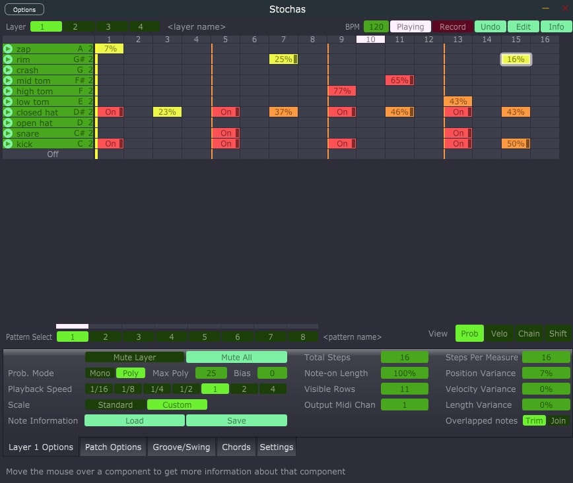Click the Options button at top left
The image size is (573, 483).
click(x=24, y=9)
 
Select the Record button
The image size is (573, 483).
click(x=453, y=27)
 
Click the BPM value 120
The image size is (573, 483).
click(x=376, y=27)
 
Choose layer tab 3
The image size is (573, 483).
click(x=108, y=27)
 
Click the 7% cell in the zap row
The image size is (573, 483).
click(x=110, y=49)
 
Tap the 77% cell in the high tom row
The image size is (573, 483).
click(x=342, y=91)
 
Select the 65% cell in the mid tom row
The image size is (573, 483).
click(x=399, y=80)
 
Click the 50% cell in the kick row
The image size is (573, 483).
click(x=516, y=144)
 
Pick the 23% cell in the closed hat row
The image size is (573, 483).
click(x=168, y=112)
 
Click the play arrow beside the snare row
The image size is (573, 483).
click(x=8, y=133)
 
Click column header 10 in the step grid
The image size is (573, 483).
click(x=371, y=40)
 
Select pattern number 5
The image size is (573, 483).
click(x=205, y=337)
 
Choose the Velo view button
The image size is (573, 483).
click(x=499, y=334)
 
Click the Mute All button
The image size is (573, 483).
click(x=236, y=358)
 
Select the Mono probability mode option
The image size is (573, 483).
click(x=100, y=373)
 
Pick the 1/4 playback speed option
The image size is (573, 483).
click(x=157, y=389)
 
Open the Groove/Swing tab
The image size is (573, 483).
click(x=182, y=447)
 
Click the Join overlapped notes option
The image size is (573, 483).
click(x=558, y=421)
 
